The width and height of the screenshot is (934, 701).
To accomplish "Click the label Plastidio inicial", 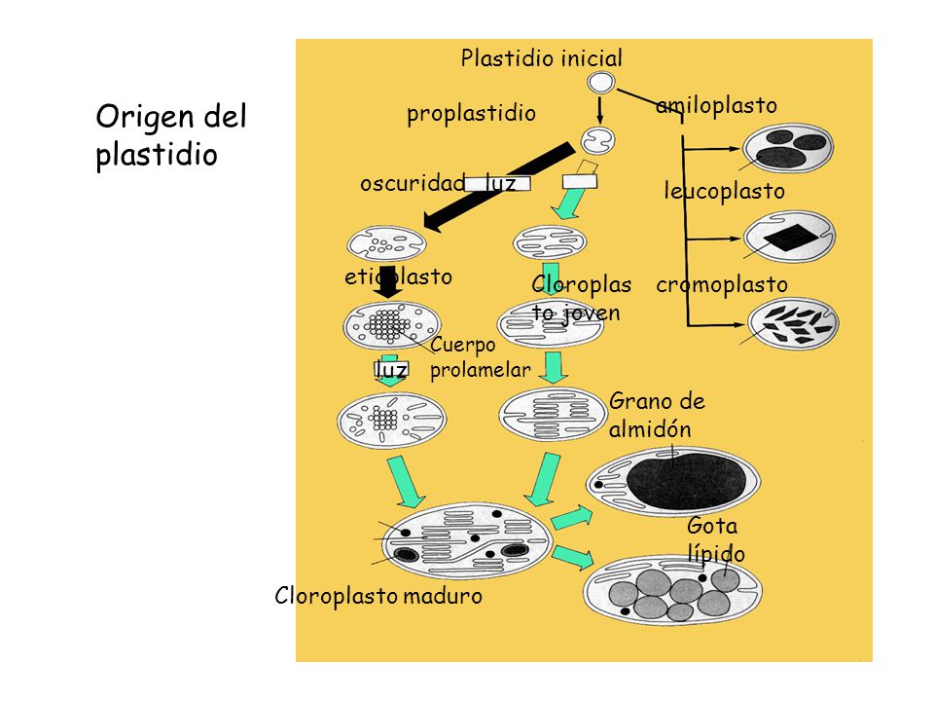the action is (x=542, y=58).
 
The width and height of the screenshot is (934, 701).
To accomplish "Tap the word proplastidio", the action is (x=471, y=113).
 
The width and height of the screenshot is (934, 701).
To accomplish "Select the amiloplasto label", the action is (x=717, y=105).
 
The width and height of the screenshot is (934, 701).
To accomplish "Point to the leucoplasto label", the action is (x=724, y=192).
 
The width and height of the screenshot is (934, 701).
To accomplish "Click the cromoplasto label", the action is (x=722, y=285).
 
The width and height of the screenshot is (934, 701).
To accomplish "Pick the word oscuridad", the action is (x=413, y=183).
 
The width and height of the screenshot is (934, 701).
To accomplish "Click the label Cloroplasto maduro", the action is (x=378, y=596).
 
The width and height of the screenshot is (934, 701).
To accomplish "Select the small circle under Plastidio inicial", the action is (x=600, y=83).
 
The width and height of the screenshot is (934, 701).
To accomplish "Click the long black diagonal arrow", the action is (x=498, y=187).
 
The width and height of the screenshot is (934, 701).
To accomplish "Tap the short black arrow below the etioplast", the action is (x=389, y=282).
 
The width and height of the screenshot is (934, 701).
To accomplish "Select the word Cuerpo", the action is (x=463, y=345).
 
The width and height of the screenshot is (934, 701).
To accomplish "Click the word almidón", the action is (x=650, y=428).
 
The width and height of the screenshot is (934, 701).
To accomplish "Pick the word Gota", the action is (x=712, y=526).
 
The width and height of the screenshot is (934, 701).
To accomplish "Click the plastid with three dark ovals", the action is (x=788, y=148).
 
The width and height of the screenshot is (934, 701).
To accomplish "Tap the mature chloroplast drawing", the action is (x=467, y=540).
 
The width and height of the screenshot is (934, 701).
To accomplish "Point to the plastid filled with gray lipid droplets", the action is (x=672, y=590).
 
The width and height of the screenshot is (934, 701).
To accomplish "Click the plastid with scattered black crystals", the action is (x=793, y=324).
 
